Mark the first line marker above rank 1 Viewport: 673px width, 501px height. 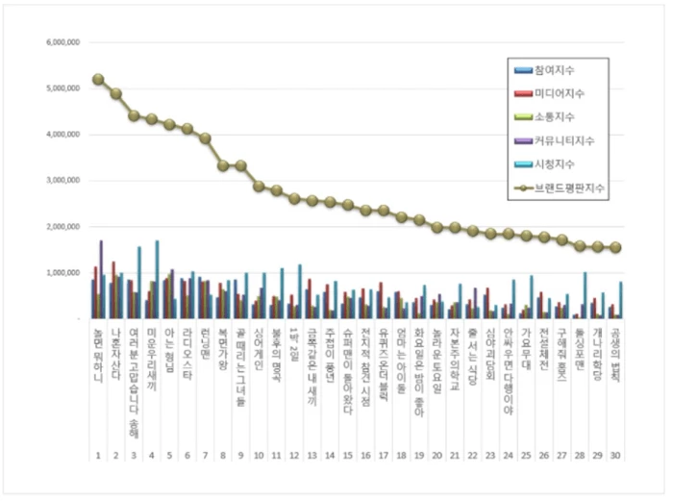[98, 79]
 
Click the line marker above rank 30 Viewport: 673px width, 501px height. [616, 247]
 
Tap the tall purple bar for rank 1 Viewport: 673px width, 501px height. [101, 279]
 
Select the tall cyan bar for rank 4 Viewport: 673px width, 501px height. [157, 279]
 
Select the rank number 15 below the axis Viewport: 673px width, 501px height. [348, 455]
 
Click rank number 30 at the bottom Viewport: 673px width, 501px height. [616, 455]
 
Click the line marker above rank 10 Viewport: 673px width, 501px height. [259, 186]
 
